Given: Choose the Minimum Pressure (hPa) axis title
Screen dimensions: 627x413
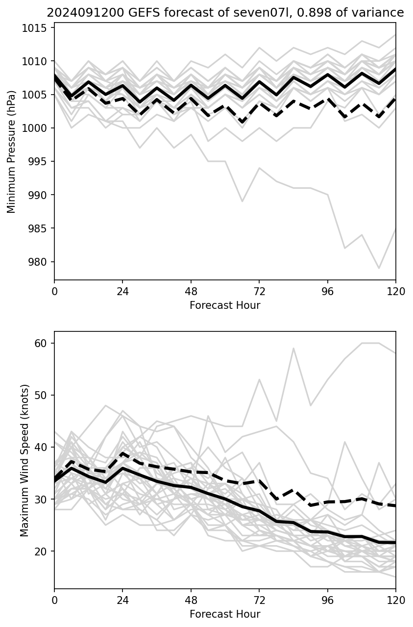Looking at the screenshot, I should [x=12, y=151].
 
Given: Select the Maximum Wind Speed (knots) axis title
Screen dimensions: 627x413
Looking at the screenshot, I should [x=24, y=460].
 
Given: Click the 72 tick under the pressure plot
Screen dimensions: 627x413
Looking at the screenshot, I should [x=259, y=291].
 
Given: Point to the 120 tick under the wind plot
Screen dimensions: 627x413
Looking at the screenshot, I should [x=396, y=600].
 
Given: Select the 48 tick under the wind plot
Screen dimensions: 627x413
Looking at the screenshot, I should [x=191, y=600].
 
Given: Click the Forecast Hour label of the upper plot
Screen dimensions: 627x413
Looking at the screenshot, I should [x=225, y=305].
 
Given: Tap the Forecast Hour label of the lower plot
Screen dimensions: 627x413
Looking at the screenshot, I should [x=225, y=614].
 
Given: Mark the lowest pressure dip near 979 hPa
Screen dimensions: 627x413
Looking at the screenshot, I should [x=379, y=268].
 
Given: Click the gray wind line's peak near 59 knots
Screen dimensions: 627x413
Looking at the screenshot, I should [x=293, y=349].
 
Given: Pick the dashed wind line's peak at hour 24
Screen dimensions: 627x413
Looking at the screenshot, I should [x=122, y=453].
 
